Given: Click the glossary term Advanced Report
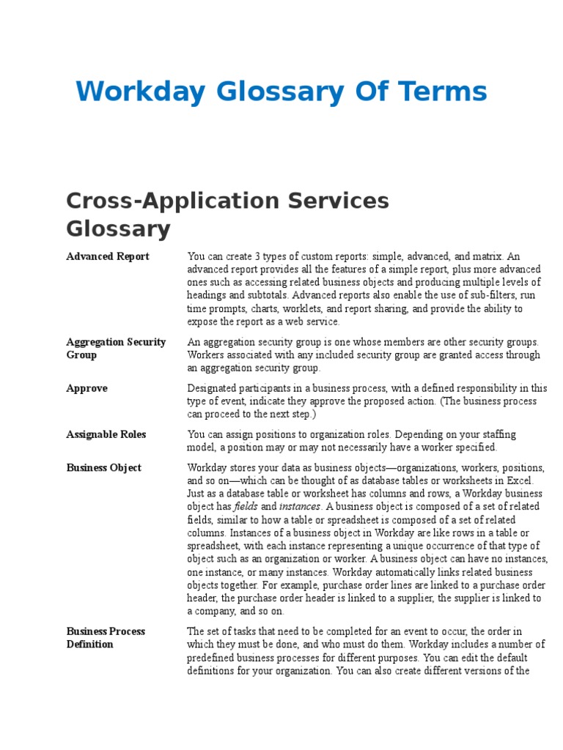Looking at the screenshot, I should (107, 256).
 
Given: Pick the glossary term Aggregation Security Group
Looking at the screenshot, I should (116, 348).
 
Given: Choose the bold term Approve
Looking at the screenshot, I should (87, 388).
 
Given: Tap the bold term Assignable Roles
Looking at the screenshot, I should (106, 434).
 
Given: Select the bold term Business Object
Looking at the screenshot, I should (103, 467).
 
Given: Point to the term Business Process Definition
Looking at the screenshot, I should (106, 637).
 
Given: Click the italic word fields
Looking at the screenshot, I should (246, 507).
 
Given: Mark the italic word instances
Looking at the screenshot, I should (299, 507).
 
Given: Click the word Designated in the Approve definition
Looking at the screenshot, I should (212, 388).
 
